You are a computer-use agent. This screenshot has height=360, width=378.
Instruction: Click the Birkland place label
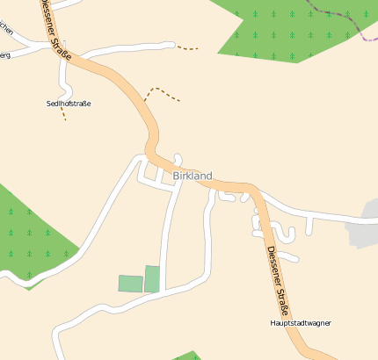(193, 176)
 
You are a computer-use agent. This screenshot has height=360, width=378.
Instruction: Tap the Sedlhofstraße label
(69, 104)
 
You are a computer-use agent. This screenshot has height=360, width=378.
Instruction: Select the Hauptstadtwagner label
(301, 323)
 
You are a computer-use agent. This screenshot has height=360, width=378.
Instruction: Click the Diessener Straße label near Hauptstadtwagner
(277, 280)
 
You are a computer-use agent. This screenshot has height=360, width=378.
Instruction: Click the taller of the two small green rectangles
(152, 278)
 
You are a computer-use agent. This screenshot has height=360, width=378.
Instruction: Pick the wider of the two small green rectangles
(130, 283)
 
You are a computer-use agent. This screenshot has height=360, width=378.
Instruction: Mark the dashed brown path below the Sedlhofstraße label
(64, 114)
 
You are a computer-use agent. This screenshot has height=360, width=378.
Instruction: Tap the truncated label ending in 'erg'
(4, 54)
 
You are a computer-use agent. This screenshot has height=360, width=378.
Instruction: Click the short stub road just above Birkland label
(178, 159)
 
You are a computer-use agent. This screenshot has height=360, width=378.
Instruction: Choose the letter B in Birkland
(176, 176)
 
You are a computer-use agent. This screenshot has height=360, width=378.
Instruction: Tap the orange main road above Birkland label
(150, 132)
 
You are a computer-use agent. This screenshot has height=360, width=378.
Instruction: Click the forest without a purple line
(31, 233)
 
